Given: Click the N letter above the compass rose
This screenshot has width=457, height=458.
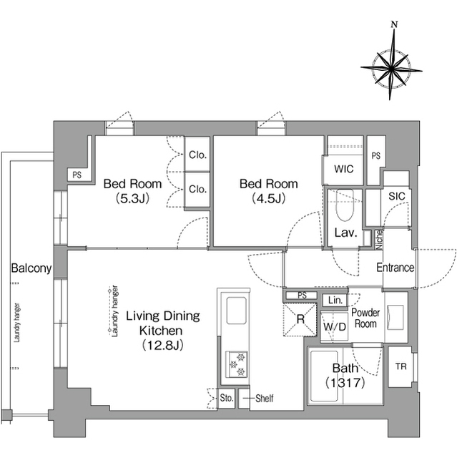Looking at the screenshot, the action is coord(394,25).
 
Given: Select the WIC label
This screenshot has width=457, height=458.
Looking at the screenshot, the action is coord(343,169).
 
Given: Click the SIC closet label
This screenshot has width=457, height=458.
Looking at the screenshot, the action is coord(397,196).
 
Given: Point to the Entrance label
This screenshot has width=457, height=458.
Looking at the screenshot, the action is coord(395,268).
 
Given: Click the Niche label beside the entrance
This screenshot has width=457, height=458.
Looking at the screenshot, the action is coord(379,240).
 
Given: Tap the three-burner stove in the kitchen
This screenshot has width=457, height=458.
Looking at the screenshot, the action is coord(237,364).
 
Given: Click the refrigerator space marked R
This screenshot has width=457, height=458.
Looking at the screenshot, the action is coord(300,320).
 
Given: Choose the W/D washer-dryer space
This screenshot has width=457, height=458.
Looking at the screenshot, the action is coord(335,326).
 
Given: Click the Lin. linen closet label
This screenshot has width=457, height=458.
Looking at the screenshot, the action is coord(335,301).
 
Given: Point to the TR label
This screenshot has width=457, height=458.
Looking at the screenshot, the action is coord(401,366).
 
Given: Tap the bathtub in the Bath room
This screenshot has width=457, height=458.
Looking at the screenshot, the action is coord(324,376).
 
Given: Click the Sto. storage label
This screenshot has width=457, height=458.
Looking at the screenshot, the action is coord(227,398).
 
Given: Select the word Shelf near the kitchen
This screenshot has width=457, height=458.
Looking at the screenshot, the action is coord(265,398).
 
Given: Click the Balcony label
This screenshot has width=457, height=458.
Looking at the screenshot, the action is coord(31,268).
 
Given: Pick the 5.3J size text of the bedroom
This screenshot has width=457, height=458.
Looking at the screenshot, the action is coord(132,199).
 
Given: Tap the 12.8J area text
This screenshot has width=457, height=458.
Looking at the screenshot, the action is coord(162,346).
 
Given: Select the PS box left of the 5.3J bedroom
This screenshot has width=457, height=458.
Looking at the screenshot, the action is coord(77,175).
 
